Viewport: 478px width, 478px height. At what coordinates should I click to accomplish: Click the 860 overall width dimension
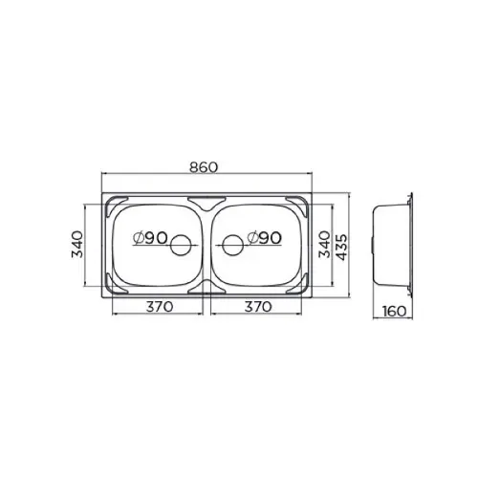click(204, 167)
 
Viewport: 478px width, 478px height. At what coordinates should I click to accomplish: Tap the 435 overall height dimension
click(342, 248)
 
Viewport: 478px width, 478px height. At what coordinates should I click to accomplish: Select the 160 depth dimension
click(395, 312)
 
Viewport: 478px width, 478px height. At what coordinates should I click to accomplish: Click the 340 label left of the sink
click(77, 245)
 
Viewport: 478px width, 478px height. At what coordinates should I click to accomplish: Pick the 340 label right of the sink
click(325, 245)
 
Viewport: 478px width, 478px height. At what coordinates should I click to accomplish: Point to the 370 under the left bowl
click(160, 307)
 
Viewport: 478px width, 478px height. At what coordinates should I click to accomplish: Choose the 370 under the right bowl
click(258, 307)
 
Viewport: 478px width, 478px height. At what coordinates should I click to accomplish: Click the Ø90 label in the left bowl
click(150, 238)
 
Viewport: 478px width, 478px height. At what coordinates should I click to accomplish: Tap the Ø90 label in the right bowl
click(265, 238)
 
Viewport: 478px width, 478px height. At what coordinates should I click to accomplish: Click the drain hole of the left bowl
click(181, 245)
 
